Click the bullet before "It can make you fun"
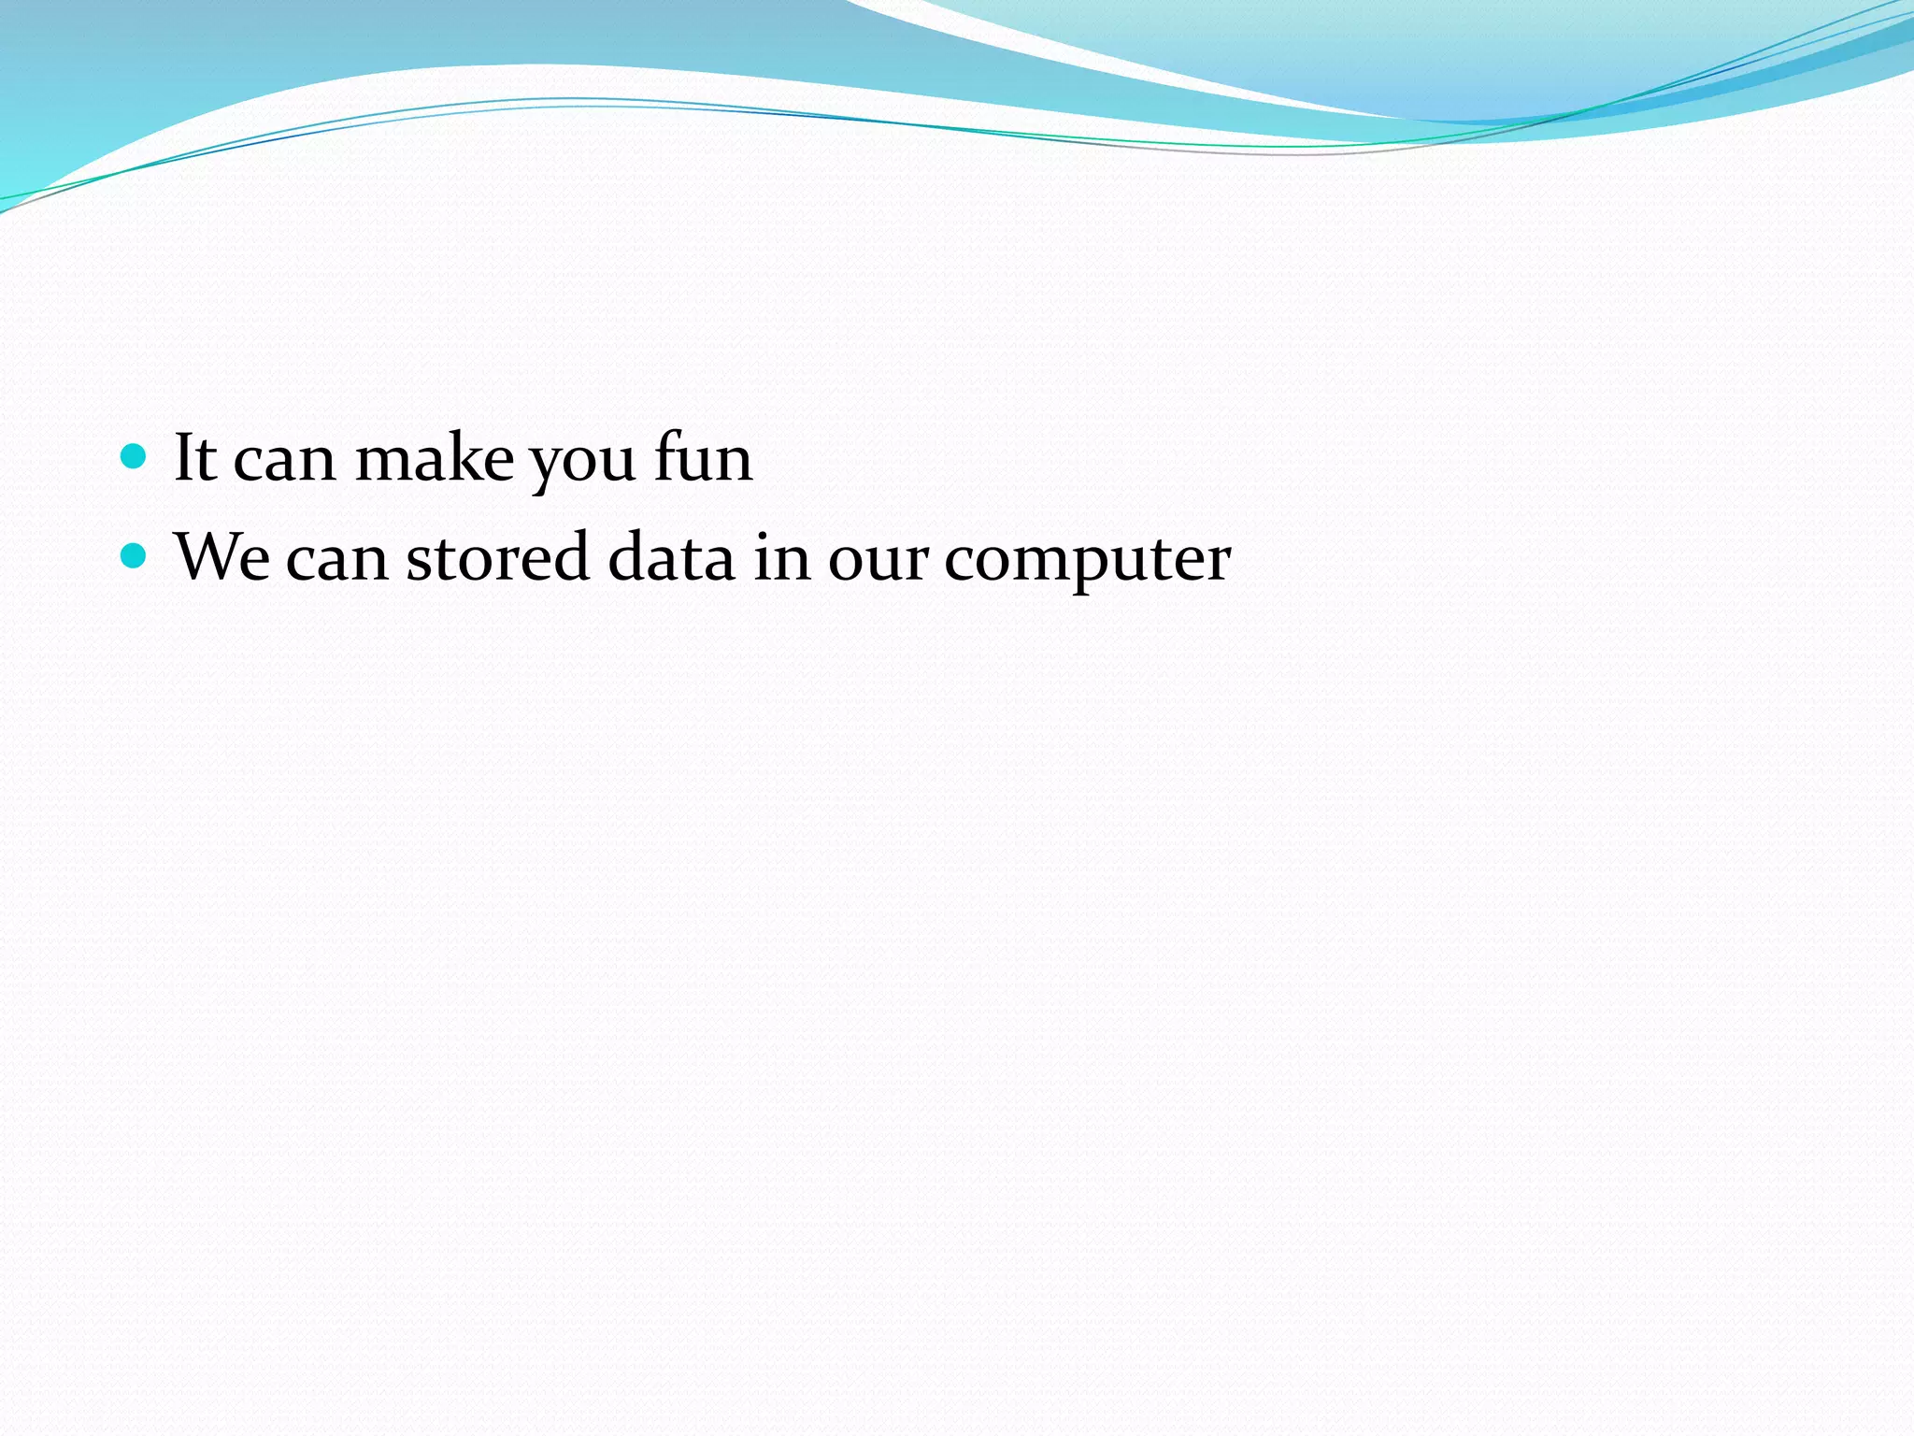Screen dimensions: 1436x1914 135,456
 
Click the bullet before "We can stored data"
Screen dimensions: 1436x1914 135,556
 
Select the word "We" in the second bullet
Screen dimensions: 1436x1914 222,557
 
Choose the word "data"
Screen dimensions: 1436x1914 671,557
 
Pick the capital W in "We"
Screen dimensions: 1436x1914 207,557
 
